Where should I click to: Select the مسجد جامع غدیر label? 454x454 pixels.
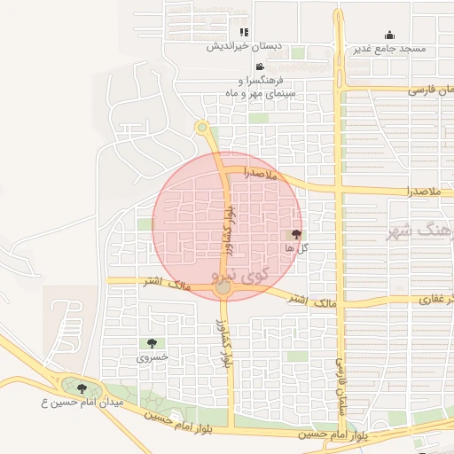click(x=389, y=48)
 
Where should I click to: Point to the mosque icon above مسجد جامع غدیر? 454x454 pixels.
click(x=389, y=35)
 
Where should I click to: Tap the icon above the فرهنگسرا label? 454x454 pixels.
click(x=259, y=67)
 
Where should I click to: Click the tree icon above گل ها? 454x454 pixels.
click(x=296, y=234)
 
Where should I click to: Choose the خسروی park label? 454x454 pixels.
click(x=151, y=357)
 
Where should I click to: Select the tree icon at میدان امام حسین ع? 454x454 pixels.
click(x=82, y=388)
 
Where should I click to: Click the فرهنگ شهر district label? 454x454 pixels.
click(x=421, y=232)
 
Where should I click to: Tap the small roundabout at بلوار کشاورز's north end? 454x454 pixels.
click(x=202, y=127)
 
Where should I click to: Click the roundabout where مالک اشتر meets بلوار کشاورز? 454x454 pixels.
click(x=223, y=287)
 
